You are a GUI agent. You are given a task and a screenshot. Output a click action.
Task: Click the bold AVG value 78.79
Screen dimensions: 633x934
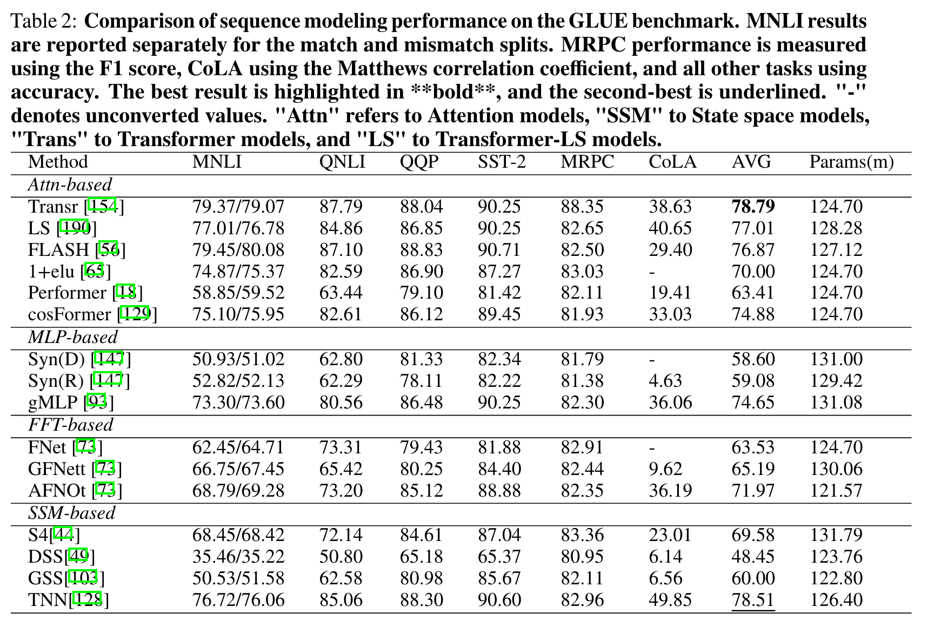[x=753, y=207]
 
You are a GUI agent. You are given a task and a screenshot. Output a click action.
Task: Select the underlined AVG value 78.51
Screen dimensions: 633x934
[x=753, y=600]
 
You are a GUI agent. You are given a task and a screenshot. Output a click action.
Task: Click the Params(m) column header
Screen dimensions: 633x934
[x=851, y=162]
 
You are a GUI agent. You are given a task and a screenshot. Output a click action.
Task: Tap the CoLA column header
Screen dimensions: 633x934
[x=672, y=162]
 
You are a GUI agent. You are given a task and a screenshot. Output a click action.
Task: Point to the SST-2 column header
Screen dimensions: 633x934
[x=502, y=162]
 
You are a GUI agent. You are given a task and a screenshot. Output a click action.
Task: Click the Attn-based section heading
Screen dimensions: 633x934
[x=70, y=184]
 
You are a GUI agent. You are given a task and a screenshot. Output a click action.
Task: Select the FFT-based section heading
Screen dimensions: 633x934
[x=70, y=425]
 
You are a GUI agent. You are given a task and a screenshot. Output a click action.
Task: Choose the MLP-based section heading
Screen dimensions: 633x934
[x=72, y=337]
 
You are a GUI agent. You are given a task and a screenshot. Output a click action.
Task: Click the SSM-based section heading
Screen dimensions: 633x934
[x=71, y=512]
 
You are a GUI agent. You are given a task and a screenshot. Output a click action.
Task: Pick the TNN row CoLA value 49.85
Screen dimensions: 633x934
[x=670, y=600]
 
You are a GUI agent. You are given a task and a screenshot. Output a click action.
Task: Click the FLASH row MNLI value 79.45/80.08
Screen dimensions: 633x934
[x=238, y=250]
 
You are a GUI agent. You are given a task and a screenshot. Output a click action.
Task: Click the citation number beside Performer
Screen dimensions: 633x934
[x=127, y=293]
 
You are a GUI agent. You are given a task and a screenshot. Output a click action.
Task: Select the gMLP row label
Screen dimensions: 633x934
[x=55, y=403]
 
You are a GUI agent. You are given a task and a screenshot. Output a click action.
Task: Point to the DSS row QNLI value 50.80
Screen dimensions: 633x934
[x=341, y=557]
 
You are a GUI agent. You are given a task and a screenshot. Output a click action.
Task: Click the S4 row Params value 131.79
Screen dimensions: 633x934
[x=836, y=535]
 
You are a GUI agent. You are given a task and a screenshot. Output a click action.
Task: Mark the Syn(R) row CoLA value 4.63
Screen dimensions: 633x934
[x=665, y=381]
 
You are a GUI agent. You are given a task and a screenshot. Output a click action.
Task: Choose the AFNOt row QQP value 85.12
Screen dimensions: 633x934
[x=421, y=491]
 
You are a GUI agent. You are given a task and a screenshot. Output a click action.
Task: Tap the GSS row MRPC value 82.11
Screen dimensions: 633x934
[x=582, y=578]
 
